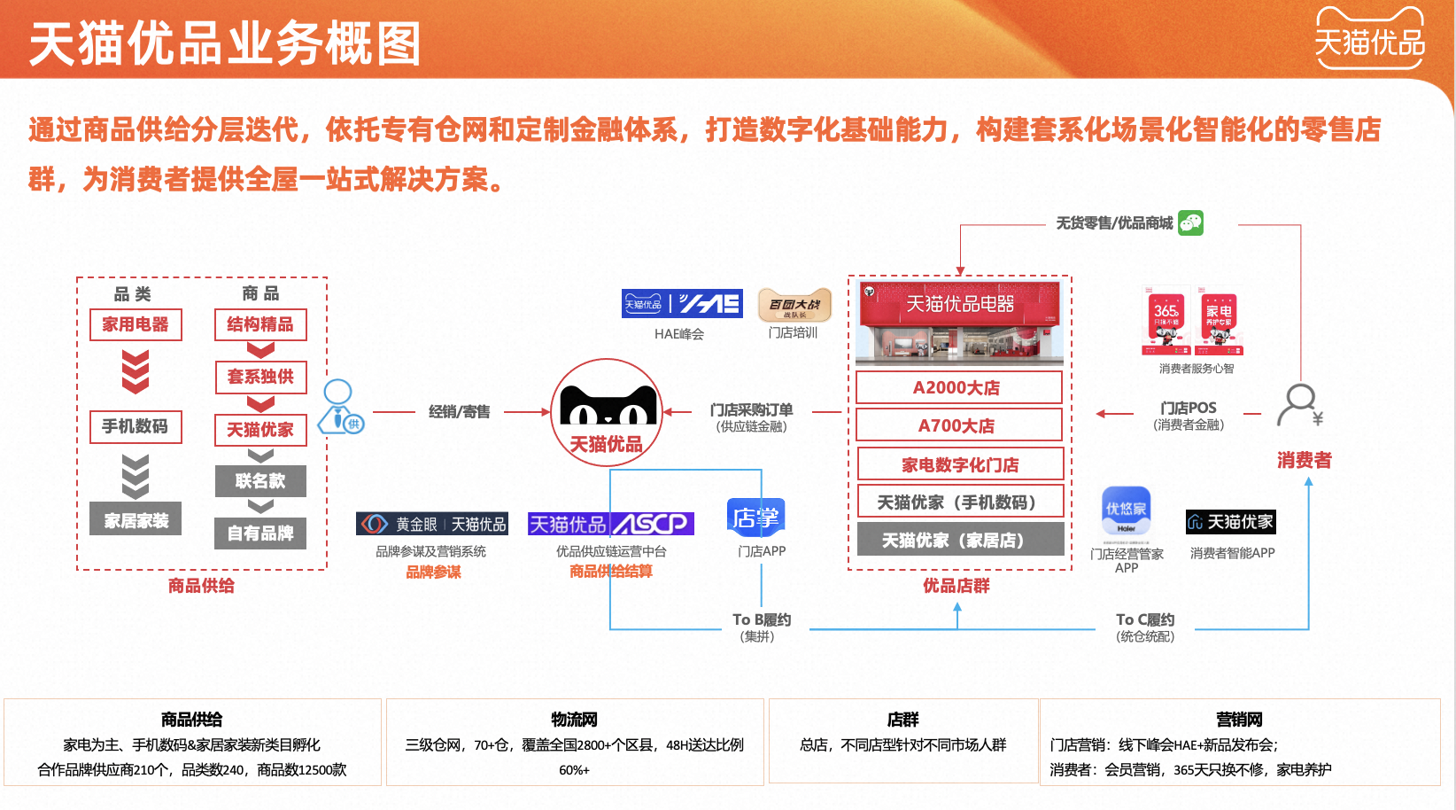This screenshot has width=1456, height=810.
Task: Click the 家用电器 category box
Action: pyautogui.click(x=136, y=324)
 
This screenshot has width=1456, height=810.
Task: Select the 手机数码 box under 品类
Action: pyautogui.click(x=136, y=426)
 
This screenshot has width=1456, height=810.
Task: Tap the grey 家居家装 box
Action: pyautogui.click(x=136, y=520)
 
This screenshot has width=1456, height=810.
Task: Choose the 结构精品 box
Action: pyautogui.click(x=260, y=324)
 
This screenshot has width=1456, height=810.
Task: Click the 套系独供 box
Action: pyautogui.click(x=260, y=377)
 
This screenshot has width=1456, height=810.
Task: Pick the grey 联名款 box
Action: pyautogui.click(x=260, y=481)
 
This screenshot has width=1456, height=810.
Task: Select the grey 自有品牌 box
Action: pyautogui.click(x=260, y=533)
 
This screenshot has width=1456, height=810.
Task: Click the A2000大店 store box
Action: pyautogui.click(x=958, y=387)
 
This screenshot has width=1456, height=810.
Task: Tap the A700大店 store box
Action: pyautogui.click(x=958, y=425)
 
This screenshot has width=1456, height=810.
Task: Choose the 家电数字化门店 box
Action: pyautogui.click(x=960, y=464)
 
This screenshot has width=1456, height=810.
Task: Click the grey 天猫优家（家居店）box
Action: pyautogui.click(x=960, y=540)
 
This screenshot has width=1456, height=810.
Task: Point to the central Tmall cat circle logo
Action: pyautogui.click(x=607, y=412)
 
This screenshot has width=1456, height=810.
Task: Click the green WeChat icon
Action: pyautogui.click(x=1191, y=222)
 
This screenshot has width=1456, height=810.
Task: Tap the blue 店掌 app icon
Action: pyautogui.click(x=755, y=517)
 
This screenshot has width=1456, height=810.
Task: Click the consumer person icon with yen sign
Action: pyautogui.click(x=1300, y=405)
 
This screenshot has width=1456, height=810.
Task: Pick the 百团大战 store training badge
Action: pyautogui.click(x=794, y=305)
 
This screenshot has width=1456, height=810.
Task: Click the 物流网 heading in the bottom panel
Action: pyautogui.click(x=574, y=719)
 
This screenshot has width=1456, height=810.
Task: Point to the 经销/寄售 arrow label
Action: pyautogui.click(x=459, y=412)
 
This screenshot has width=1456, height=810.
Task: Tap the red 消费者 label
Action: pyautogui.click(x=1304, y=460)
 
